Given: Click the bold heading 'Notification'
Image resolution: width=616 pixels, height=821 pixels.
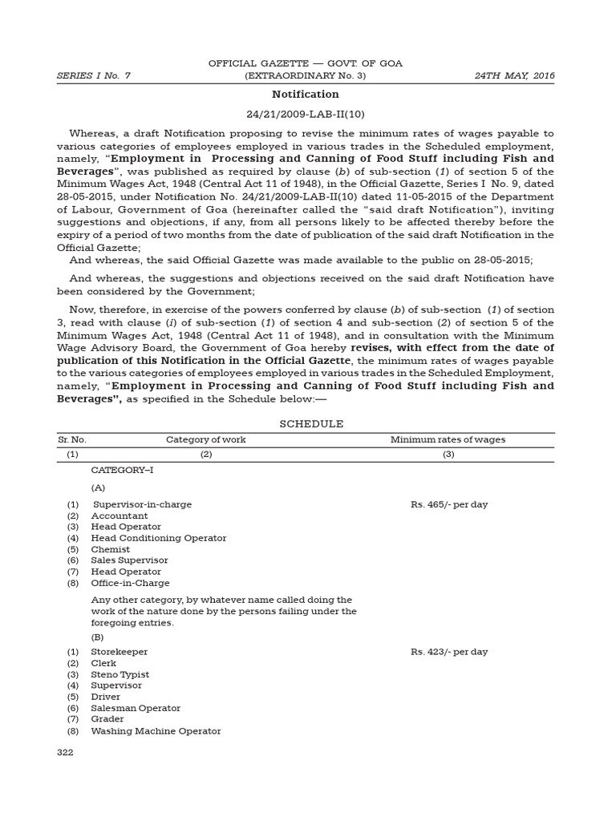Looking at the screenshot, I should (305, 95).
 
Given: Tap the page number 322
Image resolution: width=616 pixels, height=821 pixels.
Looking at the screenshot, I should (64, 752).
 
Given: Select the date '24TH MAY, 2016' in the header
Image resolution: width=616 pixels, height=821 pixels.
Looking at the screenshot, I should (513, 75).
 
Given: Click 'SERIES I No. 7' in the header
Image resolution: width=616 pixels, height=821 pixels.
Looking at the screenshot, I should (93, 75).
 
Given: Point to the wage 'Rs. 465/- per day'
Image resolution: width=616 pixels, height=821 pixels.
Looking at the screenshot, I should (449, 504).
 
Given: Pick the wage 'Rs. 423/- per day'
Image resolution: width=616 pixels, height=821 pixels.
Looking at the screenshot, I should (449, 652).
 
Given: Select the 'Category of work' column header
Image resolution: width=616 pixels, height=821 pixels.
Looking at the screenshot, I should (206, 439).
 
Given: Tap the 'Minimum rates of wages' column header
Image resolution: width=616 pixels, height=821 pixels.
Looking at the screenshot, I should (448, 439).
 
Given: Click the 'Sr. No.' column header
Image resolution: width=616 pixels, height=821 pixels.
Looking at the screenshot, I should (72, 439).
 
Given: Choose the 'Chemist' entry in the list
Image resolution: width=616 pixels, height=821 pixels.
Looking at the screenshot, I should (111, 549).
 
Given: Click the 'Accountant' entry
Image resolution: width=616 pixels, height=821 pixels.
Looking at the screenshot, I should (120, 516).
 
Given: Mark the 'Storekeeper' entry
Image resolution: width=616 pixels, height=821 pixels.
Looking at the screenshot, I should (120, 652).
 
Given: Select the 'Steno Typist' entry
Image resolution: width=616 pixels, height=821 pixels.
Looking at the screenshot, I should (120, 674).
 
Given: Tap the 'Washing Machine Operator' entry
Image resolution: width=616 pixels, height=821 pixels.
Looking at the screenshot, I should (156, 730).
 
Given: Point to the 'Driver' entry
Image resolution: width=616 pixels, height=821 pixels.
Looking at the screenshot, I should (106, 697).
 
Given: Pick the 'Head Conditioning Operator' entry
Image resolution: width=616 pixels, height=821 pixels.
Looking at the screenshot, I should (159, 538).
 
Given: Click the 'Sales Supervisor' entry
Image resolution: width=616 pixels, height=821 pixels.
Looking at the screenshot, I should (130, 560).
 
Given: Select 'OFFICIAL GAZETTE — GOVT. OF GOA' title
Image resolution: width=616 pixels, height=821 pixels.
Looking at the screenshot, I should (305, 63).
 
